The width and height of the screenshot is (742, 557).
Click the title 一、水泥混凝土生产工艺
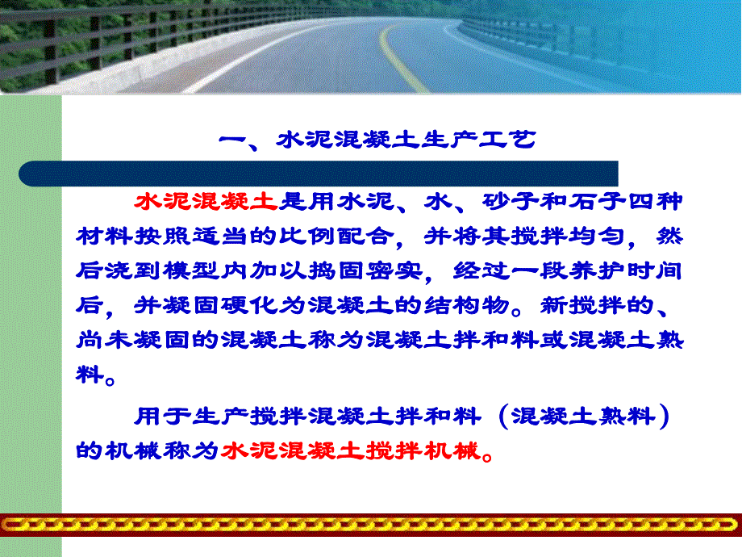pyautogui.click(x=377, y=140)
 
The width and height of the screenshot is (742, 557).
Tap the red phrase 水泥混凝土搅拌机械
pyautogui.click(x=350, y=450)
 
